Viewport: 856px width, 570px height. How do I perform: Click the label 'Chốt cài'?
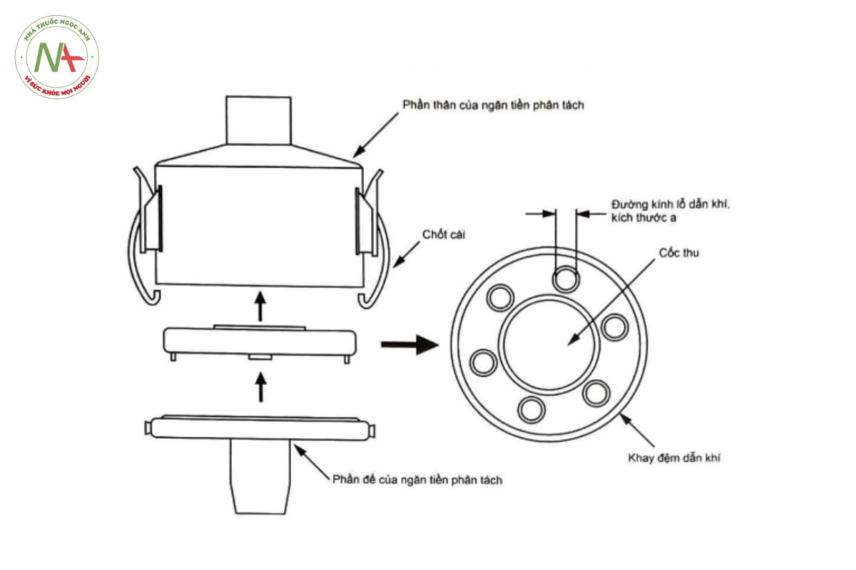tap(443, 234)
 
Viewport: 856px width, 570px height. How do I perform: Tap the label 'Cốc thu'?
tap(678, 253)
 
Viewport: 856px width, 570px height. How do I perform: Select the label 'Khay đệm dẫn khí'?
tap(674, 457)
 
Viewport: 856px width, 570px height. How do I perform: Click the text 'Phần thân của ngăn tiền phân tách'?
tap(494, 105)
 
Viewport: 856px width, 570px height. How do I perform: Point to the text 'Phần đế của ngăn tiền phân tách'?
tap(417, 480)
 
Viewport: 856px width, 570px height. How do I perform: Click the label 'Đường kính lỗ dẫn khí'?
tap(671, 204)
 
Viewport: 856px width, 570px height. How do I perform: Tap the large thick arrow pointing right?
tap(409, 345)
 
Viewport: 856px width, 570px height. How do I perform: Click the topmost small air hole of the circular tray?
tap(566, 279)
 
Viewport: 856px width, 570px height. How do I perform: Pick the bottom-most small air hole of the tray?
tap(531, 410)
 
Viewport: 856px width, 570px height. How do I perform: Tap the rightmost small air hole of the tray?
tap(615, 327)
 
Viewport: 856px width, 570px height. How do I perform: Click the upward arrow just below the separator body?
tap(260, 306)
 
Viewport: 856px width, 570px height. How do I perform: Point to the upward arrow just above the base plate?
tap(261, 387)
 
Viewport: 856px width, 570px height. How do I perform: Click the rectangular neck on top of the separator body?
tap(259, 120)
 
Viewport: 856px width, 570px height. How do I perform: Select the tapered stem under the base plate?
tap(260, 477)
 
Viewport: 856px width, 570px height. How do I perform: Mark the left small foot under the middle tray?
tap(173, 358)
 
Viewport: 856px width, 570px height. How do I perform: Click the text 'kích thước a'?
tap(644, 218)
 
